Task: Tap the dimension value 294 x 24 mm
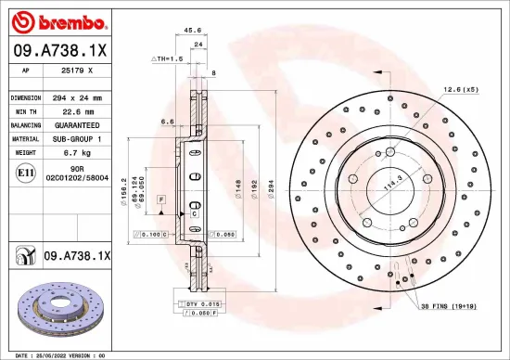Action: pos(79,97)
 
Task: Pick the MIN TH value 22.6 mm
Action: pos(74,110)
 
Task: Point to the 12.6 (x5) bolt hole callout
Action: pos(460,89)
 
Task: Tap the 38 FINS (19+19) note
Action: pos(453,306)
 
